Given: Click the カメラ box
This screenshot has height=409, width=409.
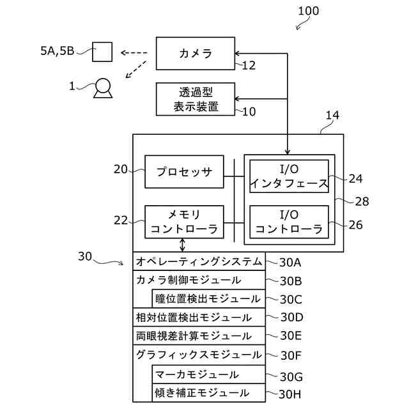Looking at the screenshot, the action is point(196,54).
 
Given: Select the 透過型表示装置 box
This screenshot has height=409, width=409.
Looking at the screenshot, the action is point(196,99).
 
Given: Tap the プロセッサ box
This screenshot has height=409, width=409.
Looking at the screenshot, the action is point(184,172).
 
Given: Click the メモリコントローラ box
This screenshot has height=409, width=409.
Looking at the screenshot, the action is point(184,222).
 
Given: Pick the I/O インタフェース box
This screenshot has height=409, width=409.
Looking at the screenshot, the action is point(289,176).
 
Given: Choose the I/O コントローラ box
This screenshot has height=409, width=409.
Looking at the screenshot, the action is point(289,222).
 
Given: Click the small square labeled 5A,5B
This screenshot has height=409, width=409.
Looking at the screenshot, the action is point(102,52).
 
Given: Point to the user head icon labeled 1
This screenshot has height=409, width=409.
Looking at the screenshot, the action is point(103,88).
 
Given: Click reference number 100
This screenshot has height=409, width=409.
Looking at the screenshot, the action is point(308,11).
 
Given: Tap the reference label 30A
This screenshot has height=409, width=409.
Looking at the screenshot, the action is point(290,263).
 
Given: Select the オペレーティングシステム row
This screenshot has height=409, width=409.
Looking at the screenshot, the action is point(199,261).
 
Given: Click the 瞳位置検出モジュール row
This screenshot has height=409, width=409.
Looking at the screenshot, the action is point(209,298).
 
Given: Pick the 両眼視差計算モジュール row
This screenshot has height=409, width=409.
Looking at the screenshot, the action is point(199,336).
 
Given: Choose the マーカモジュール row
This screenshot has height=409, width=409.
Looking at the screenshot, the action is point(209,374).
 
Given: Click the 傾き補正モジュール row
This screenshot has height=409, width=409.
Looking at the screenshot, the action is point(209,393).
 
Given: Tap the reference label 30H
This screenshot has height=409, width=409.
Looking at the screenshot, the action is point(289,394).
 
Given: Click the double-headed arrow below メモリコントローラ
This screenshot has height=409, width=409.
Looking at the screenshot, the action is point(183,245).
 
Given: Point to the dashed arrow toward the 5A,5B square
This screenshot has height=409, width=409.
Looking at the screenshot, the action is point(134,53).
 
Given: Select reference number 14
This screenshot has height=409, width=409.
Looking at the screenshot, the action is point(332,115).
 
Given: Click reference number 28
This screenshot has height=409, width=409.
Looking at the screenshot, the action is point(362,201).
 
